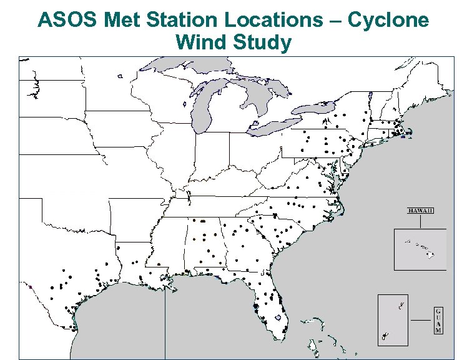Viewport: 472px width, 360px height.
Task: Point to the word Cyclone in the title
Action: pyautogui.click(x=388, y=19)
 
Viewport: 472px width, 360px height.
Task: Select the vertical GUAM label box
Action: pyautogui.click(x=438, y=321)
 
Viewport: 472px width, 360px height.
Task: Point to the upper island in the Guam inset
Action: pyautogui.click(x=402, y=306)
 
